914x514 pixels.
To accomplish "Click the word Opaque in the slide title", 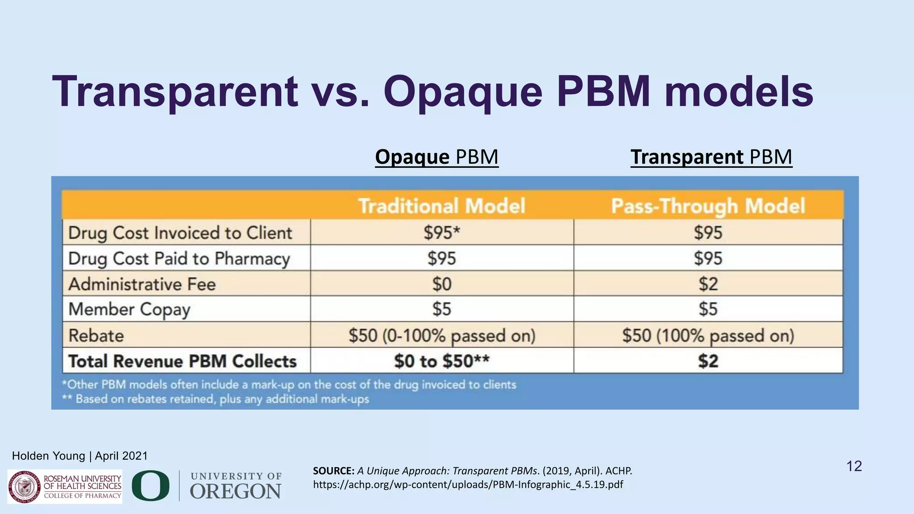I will pos(462,92).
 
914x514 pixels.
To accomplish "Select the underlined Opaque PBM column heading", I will pos(436,157).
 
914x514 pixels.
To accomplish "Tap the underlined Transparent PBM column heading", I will pos(711,157).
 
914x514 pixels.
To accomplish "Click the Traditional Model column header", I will pos(441,206).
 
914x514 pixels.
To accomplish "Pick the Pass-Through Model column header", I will pos(708,206).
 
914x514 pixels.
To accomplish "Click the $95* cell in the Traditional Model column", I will pos(441,232).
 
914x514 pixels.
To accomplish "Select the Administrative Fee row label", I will pos(142,284).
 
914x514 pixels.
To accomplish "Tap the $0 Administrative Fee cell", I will pos(441,284).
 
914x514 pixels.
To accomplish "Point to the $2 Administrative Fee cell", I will pos(708,284).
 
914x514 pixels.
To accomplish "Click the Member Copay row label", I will pos(129,309).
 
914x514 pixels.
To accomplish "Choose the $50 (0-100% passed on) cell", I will pos(441,336).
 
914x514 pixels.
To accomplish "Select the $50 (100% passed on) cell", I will pos(708,336).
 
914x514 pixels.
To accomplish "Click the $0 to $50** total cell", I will pos(441,361).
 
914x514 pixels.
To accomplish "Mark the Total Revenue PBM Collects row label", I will pos(182,361).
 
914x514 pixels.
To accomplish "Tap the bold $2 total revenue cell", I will pos(708,361).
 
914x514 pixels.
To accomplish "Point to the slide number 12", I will pos(854,466).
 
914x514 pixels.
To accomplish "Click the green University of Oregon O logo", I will pos(150,486).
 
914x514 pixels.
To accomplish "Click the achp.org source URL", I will pos(468,485).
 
